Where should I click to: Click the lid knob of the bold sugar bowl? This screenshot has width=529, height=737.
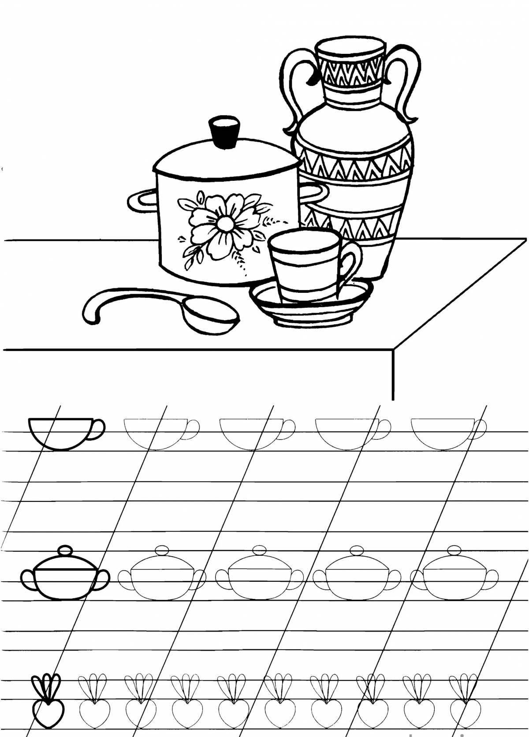pyautogui.click(x=65, y=551)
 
